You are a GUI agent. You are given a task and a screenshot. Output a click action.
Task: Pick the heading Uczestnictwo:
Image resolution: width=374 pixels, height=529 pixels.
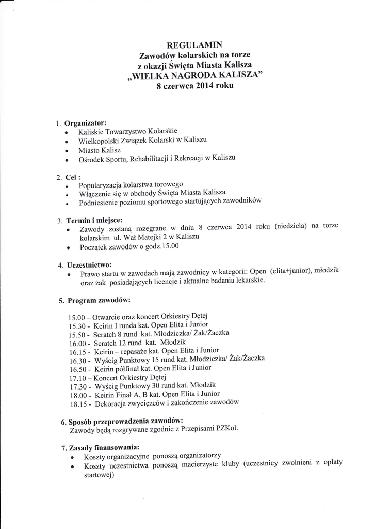[90, 264]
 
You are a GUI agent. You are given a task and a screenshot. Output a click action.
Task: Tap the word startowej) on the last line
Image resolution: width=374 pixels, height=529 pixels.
[99, 476]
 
